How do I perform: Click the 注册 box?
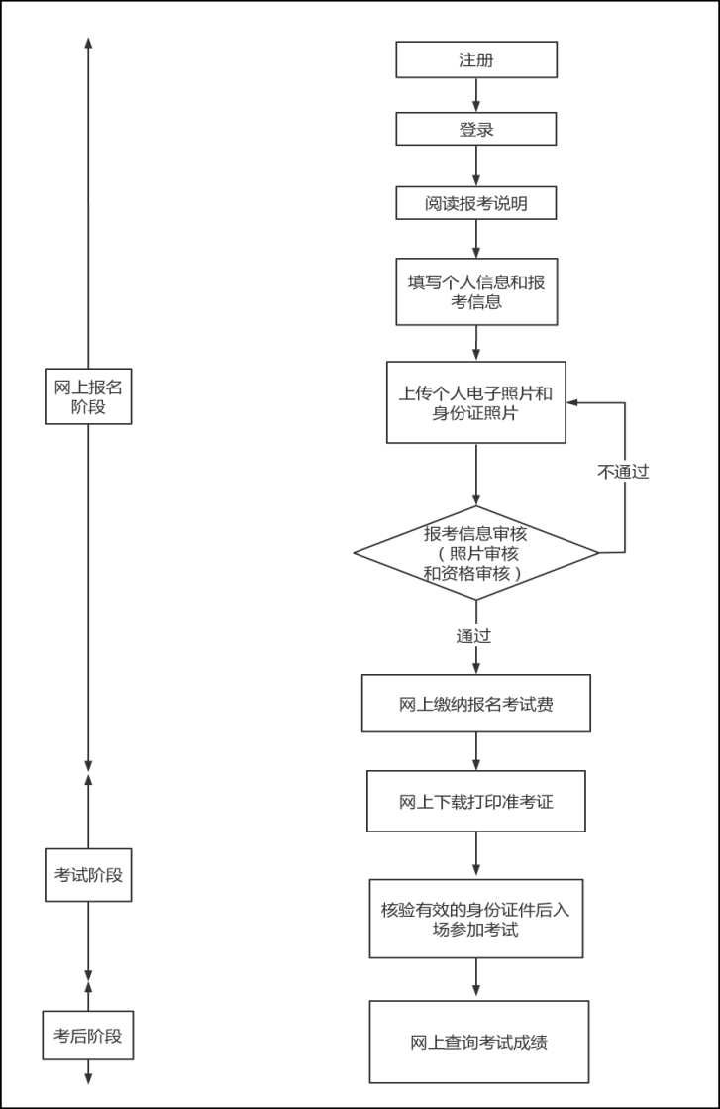coord(476,59)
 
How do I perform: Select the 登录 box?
coord(476,129)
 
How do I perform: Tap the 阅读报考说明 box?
coord(476,203)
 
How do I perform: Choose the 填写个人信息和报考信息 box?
coord(476,291)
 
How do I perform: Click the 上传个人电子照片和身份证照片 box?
coord(476,402)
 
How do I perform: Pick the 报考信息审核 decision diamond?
coord(476,552)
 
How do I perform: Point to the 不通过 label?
coord(623,472)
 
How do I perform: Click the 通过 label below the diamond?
coord(473,636)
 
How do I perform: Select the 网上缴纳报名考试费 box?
coord(476,704)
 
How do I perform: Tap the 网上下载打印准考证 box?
coord(476,801)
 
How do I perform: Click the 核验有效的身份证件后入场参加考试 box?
coord(476,919)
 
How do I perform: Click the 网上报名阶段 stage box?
coord(88,395)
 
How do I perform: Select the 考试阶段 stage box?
coord(88,874)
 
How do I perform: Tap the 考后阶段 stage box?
coord(88,1036)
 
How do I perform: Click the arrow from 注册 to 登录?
coord(476,95)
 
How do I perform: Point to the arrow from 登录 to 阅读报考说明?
coord(476,166)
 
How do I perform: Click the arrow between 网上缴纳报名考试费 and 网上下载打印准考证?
coord(476,751)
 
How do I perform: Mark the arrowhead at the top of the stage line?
coord(88,44)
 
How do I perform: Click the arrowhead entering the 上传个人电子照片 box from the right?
coord(573,403)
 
